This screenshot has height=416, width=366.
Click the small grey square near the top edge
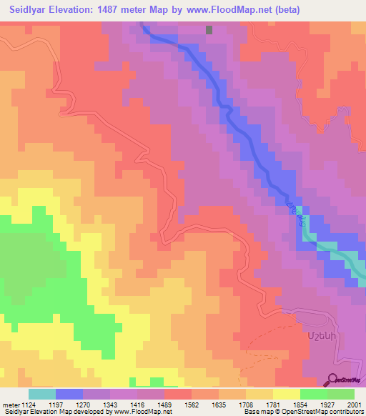[209, 30]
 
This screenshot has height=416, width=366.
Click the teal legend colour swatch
[42, 394]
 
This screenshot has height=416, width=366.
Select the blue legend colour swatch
[69, 394]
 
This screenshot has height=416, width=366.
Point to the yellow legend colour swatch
[287, 394]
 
